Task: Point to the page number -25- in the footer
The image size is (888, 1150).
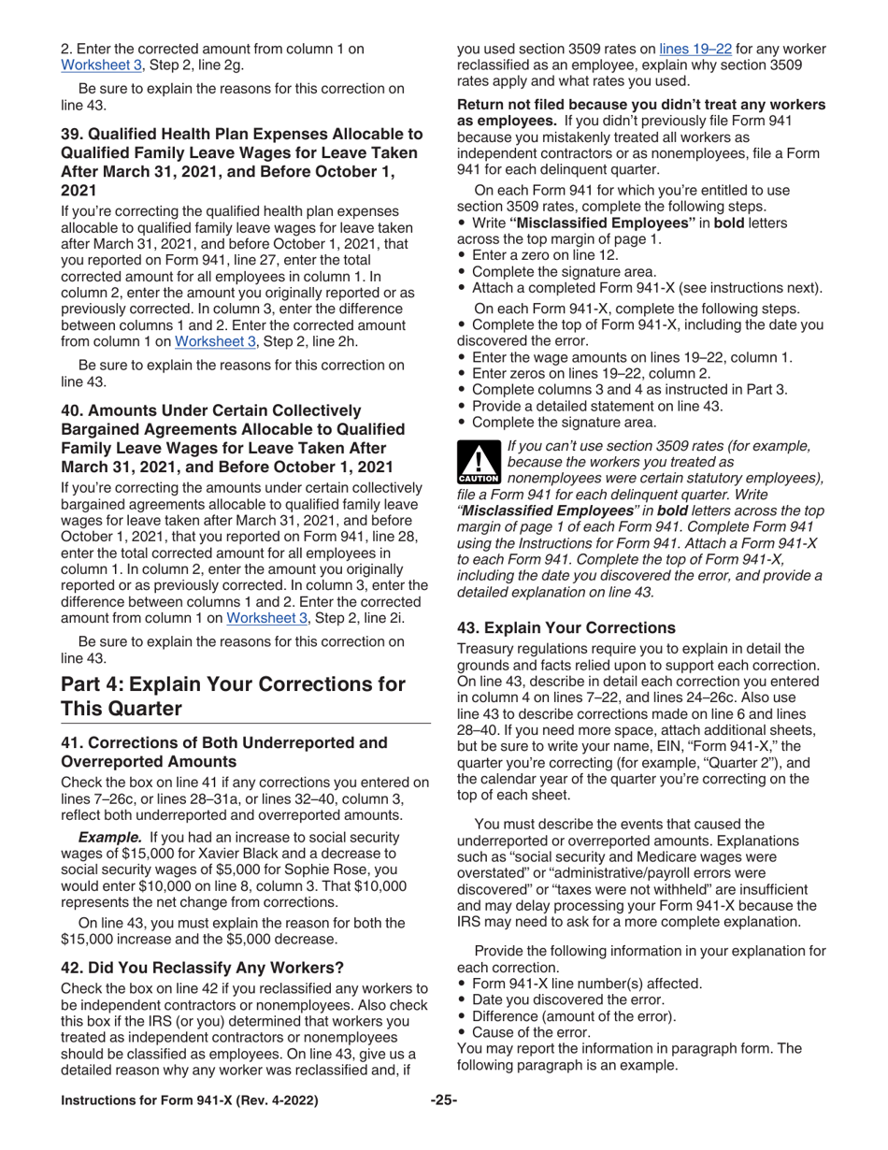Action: [x=443, y=1125]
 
